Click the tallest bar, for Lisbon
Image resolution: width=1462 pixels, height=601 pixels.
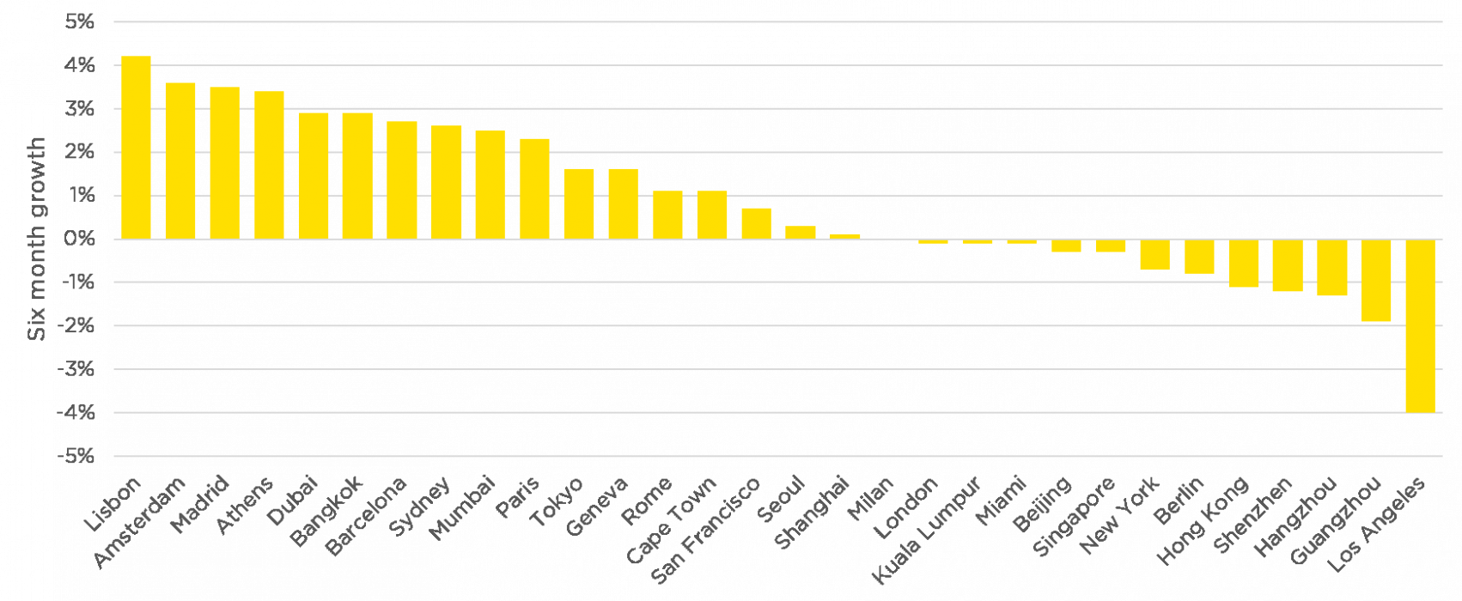coord(137,147)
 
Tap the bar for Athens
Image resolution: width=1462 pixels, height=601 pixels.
coord(225,162)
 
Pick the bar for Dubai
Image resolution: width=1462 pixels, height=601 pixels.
coord(270,164)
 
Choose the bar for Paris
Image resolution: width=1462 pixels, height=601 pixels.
coord(358,175)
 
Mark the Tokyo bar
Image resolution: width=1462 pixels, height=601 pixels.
coord(402,179)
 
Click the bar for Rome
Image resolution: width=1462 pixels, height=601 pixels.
coord(447,182)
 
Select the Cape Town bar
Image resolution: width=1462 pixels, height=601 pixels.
coord(490,185)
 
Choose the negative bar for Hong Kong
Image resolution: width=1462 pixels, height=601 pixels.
coord(1244,264)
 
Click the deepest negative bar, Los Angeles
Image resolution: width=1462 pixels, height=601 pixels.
coord(1421,326)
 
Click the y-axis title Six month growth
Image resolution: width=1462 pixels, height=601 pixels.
coord(37,237)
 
